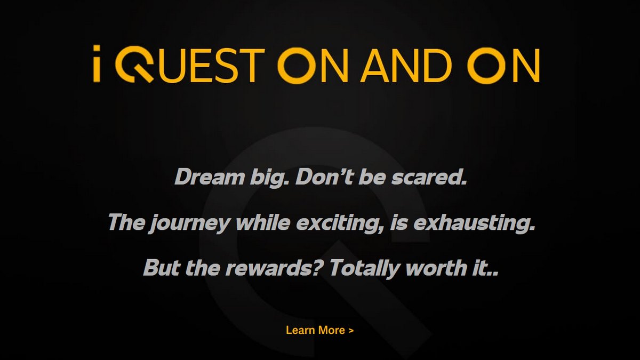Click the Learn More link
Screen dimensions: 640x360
(319, 330)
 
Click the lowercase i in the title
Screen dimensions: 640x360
(97, 63)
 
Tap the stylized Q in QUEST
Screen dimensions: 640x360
(134, 65)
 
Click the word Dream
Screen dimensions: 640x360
(210, 177)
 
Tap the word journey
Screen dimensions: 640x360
(189, 223)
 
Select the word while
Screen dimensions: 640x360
(263, 222)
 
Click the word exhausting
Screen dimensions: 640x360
(474, 223)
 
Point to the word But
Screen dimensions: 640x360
(162, 267)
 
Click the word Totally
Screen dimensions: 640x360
(364, 269)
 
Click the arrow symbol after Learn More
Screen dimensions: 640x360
(351, 331)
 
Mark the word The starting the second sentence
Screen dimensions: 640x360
(126, 222)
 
